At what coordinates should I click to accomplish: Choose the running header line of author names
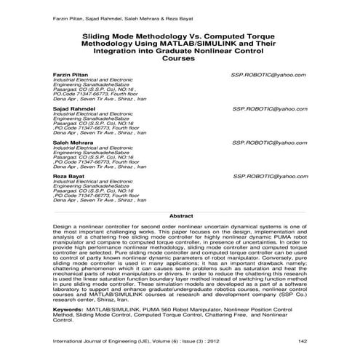point(107,15)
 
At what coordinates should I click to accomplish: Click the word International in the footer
point(72,340)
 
